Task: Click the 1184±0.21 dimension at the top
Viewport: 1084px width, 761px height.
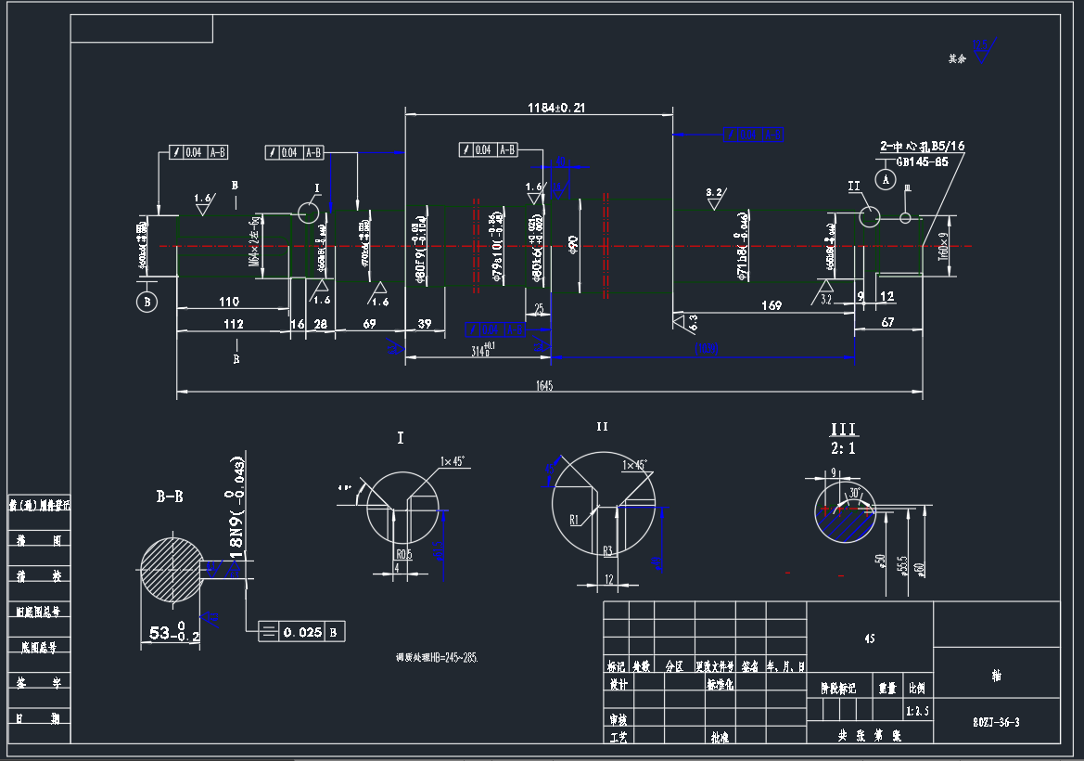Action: click(556, 108)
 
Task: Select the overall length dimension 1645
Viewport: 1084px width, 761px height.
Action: click(544, 386)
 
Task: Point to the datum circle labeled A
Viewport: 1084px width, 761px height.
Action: click(886, 176)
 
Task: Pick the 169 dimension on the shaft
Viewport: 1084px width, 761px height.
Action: click(771, 305)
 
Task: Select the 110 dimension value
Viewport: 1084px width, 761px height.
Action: click(229, 302)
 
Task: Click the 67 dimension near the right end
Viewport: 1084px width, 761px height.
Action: click(887, 322)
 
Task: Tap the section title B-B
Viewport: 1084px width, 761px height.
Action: click(170, 497)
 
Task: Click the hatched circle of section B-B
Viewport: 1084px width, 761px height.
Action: click(172, 569)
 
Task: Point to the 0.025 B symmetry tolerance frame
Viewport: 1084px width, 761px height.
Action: click(301, 632)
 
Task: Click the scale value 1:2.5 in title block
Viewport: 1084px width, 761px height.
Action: click(917, 711)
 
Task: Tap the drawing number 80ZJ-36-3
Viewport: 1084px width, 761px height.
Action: click(997, 721)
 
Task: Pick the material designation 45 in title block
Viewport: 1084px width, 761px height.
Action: click(869, 638)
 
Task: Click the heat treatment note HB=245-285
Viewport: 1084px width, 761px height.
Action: click(437, 657)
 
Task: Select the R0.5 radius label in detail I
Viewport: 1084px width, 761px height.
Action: click(403, 555)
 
